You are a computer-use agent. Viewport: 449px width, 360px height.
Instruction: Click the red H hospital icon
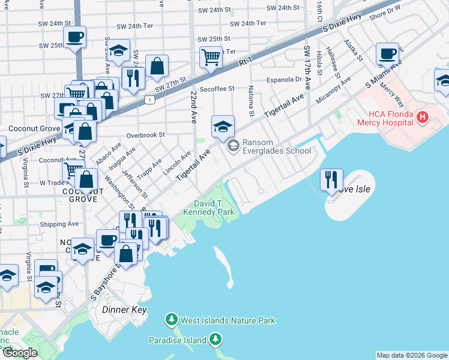pyautogui.click(x=422, y=118)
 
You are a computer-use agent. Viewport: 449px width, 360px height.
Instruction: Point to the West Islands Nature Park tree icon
pyautogui.click(x=172, y=320)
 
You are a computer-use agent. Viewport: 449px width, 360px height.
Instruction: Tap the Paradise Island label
pyautogui.click(x=178, y=341)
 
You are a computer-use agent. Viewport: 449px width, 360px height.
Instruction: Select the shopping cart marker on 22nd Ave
pyautogui.click(x=211, y=58)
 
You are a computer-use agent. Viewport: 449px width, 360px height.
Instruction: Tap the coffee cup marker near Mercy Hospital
pyautogui.click(x=388, y=55)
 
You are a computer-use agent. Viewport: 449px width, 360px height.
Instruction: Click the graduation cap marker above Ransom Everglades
pyautogui.click(x=223, y=126)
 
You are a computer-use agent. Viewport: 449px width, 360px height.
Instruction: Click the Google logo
pyautogui.click(x=20, y=353)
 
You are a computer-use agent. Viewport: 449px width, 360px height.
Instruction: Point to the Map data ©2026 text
pyautogui.click(x=411, y=355)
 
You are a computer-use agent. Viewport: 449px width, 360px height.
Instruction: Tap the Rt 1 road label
pyautogui.click(x=243, y=61)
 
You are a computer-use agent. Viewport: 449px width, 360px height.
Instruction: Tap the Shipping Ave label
pyautogui.click(x=59, y=224)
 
